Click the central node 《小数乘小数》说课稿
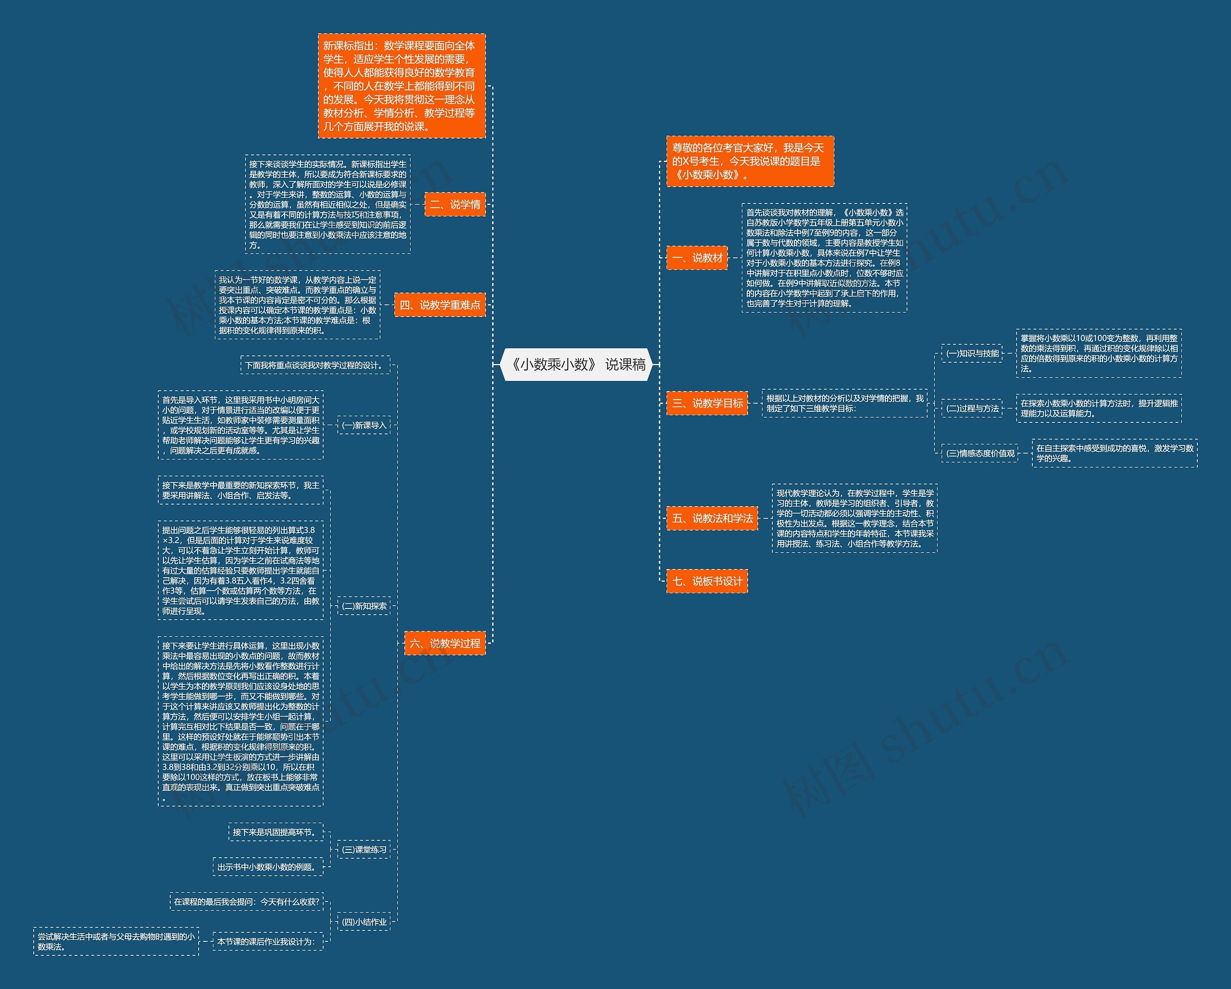click(577, 364)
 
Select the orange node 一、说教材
click(697, 258)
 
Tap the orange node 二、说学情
click(455, 204)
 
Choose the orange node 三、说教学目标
click(707, 403)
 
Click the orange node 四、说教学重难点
click(440, 305)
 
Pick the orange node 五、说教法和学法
click(712, 519)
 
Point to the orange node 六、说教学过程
click(445, 644)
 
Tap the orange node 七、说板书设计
click(707, 581)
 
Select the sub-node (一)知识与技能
click(972, 354)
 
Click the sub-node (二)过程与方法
click(972, 408)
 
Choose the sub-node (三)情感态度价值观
click(980, 454)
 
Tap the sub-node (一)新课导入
click(364, 425)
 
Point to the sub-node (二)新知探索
click(364, 606)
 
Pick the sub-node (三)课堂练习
click(364, 850)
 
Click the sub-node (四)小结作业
click(364, 922)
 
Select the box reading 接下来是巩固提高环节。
click(275, 832)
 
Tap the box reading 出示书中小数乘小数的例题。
click(268, 867)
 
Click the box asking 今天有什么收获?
click(246, 901)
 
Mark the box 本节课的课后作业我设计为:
click(267, 941)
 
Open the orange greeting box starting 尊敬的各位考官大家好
click(750, 161)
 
